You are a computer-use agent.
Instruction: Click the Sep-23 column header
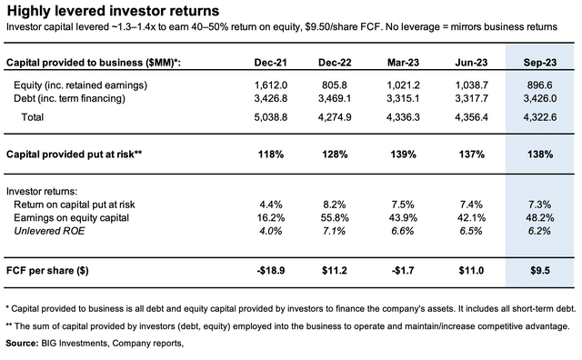click(539, 63)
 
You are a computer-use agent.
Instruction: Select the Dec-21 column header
click(271, 63)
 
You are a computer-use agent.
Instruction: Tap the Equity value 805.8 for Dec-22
click(335, 85)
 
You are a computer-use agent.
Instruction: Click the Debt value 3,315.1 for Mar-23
click(403, 98)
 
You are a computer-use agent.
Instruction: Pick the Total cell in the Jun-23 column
click(471, 117)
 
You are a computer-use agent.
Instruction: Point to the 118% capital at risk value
click(271, 154)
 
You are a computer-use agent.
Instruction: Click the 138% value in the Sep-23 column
click(540, 154)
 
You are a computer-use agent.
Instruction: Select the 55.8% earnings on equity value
click(335, 217)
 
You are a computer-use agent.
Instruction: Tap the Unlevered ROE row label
click(49, 231)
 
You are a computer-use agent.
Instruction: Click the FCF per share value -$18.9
click(271, 270)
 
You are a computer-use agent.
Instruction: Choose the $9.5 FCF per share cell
click(540, 270)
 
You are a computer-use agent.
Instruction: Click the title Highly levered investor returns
click(113, 11)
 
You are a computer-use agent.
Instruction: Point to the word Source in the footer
click(21, 344)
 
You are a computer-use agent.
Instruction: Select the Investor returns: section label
click(42, 192)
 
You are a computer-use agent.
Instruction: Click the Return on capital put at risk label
click(75, 205)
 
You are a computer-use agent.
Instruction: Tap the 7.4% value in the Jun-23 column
click(471, 205)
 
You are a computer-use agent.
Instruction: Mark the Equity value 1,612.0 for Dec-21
click(271, 85)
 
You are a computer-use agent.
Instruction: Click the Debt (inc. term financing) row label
click(69, 98)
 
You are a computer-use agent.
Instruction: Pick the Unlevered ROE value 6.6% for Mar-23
click(403, 231)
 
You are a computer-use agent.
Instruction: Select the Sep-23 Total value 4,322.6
click(540, 117)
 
